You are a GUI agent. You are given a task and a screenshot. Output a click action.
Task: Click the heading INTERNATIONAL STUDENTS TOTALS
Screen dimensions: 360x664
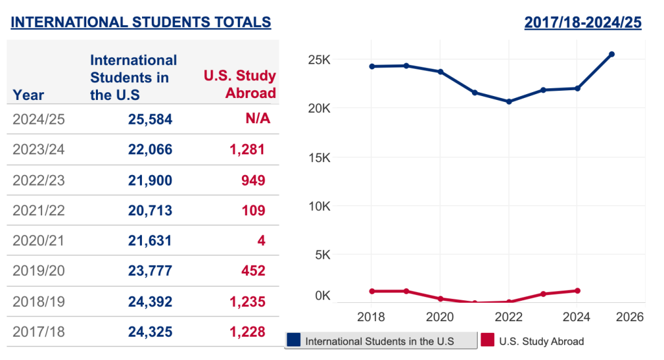pos(141,22)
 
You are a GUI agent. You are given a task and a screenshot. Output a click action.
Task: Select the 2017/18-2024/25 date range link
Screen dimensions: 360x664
pos(582,22)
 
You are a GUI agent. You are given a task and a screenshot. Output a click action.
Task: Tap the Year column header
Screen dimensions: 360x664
pos(29,95)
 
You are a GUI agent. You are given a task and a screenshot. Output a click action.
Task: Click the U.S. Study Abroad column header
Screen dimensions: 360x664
pos(240,84)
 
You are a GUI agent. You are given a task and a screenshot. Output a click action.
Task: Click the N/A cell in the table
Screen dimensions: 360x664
pos(257,119)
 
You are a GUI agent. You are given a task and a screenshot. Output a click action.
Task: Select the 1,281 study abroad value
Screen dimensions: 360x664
pos(247,150)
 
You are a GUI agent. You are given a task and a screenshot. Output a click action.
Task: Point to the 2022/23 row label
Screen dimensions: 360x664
pos(39,180)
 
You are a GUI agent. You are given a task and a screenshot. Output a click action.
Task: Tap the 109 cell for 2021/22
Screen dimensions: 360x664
pos(254,210)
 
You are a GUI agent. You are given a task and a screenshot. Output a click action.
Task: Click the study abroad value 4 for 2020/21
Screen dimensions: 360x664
pos(261,241)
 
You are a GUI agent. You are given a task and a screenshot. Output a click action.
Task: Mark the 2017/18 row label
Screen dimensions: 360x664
pos(39,332)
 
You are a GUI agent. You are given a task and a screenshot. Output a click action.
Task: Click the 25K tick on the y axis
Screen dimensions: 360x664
pos(318,60)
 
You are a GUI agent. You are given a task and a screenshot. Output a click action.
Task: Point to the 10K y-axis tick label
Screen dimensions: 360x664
pos(318,206)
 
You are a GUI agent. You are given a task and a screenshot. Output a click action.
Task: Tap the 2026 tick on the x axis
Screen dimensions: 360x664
pos(628,317)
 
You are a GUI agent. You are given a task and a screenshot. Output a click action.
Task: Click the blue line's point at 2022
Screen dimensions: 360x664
pos(508,101)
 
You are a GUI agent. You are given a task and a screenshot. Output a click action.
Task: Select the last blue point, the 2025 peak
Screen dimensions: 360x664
pos(611,54)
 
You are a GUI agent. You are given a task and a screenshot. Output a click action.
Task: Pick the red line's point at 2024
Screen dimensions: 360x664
pos(577,291)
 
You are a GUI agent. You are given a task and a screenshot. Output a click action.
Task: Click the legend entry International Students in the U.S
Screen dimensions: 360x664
pos(380,341)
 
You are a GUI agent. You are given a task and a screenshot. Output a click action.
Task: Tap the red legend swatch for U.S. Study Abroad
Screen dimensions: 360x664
pos(488,341)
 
